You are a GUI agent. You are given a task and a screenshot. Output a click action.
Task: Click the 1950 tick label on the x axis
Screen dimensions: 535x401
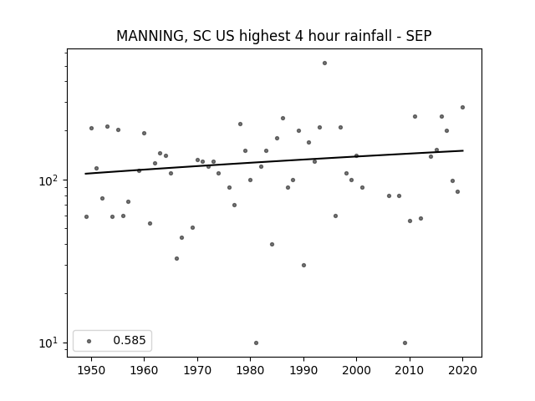pos(91,370)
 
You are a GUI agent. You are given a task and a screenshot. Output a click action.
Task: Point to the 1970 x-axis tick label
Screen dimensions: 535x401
pos(197,370)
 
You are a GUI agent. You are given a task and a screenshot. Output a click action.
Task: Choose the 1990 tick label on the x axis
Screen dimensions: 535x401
pos(303,370)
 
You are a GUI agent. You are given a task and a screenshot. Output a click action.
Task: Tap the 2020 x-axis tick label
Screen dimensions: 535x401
pos(462,370)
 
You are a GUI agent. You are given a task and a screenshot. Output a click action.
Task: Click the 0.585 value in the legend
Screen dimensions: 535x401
pos(130,340)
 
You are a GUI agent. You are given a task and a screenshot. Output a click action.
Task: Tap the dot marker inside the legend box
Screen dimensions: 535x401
pos(89,341)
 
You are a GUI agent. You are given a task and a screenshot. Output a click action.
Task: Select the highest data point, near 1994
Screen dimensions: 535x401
pos(324,63)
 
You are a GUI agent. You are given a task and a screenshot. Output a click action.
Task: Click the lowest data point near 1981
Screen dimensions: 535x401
pos(256,343)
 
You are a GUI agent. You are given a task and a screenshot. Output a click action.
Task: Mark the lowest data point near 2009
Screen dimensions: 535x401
pos(405,343)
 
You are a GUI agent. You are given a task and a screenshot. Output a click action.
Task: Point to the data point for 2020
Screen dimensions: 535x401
pos(462,108)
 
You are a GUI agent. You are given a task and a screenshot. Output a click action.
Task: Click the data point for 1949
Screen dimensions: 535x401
pos(86,217)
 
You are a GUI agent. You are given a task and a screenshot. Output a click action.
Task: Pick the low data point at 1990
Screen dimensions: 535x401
pos(303,265)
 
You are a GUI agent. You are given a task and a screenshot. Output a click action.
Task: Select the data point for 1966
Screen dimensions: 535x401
pos(176,258)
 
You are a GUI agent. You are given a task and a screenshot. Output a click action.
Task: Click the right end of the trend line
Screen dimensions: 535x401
pos(463,150)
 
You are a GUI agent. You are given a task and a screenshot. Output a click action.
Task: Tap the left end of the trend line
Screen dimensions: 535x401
pos(85,174)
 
